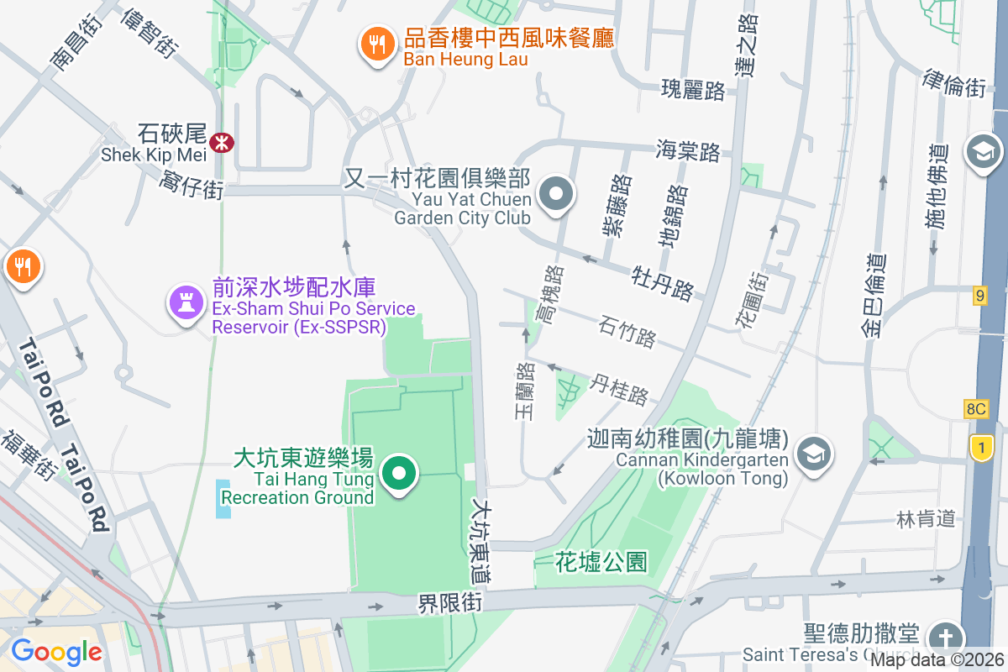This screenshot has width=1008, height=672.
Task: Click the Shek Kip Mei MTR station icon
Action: point(223,143)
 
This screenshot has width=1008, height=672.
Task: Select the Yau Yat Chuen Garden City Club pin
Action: point(555,196)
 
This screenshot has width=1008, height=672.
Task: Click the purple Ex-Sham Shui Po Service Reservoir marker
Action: point(186,302)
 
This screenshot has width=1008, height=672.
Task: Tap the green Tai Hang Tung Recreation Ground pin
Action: point(400,474)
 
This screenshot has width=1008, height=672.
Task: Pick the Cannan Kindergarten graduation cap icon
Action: point(813,455)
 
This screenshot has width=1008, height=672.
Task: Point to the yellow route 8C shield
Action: point(975,409)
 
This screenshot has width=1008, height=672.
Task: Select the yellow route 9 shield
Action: point(979,295)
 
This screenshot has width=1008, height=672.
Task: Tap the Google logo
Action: point(56,651)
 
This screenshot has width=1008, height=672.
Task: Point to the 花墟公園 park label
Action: point(601,563)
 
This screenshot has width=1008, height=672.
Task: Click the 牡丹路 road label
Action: point(664,283)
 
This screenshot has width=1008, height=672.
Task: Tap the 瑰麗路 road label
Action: point(693,91)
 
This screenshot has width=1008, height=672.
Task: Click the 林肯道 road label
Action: point(926,519)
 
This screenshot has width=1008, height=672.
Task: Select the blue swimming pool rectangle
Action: point(223,499)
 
